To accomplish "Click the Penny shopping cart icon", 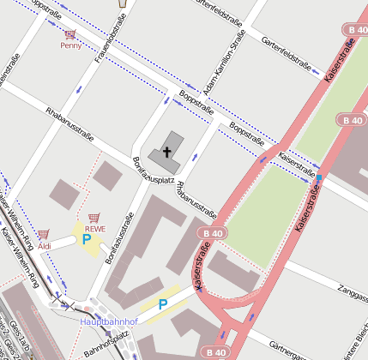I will tap(69, 35).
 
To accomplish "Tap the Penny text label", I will tap(70, 45).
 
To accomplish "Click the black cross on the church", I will tap(166, 153).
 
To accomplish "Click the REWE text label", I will tap(94, 229).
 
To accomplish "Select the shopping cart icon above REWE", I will tap(94, 219).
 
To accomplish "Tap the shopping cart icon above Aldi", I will tap(43, 234).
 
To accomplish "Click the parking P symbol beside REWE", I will tap(86, 240).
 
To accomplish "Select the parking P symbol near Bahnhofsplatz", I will tap(162, 303).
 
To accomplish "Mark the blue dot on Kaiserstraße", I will tap(319, 177).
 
